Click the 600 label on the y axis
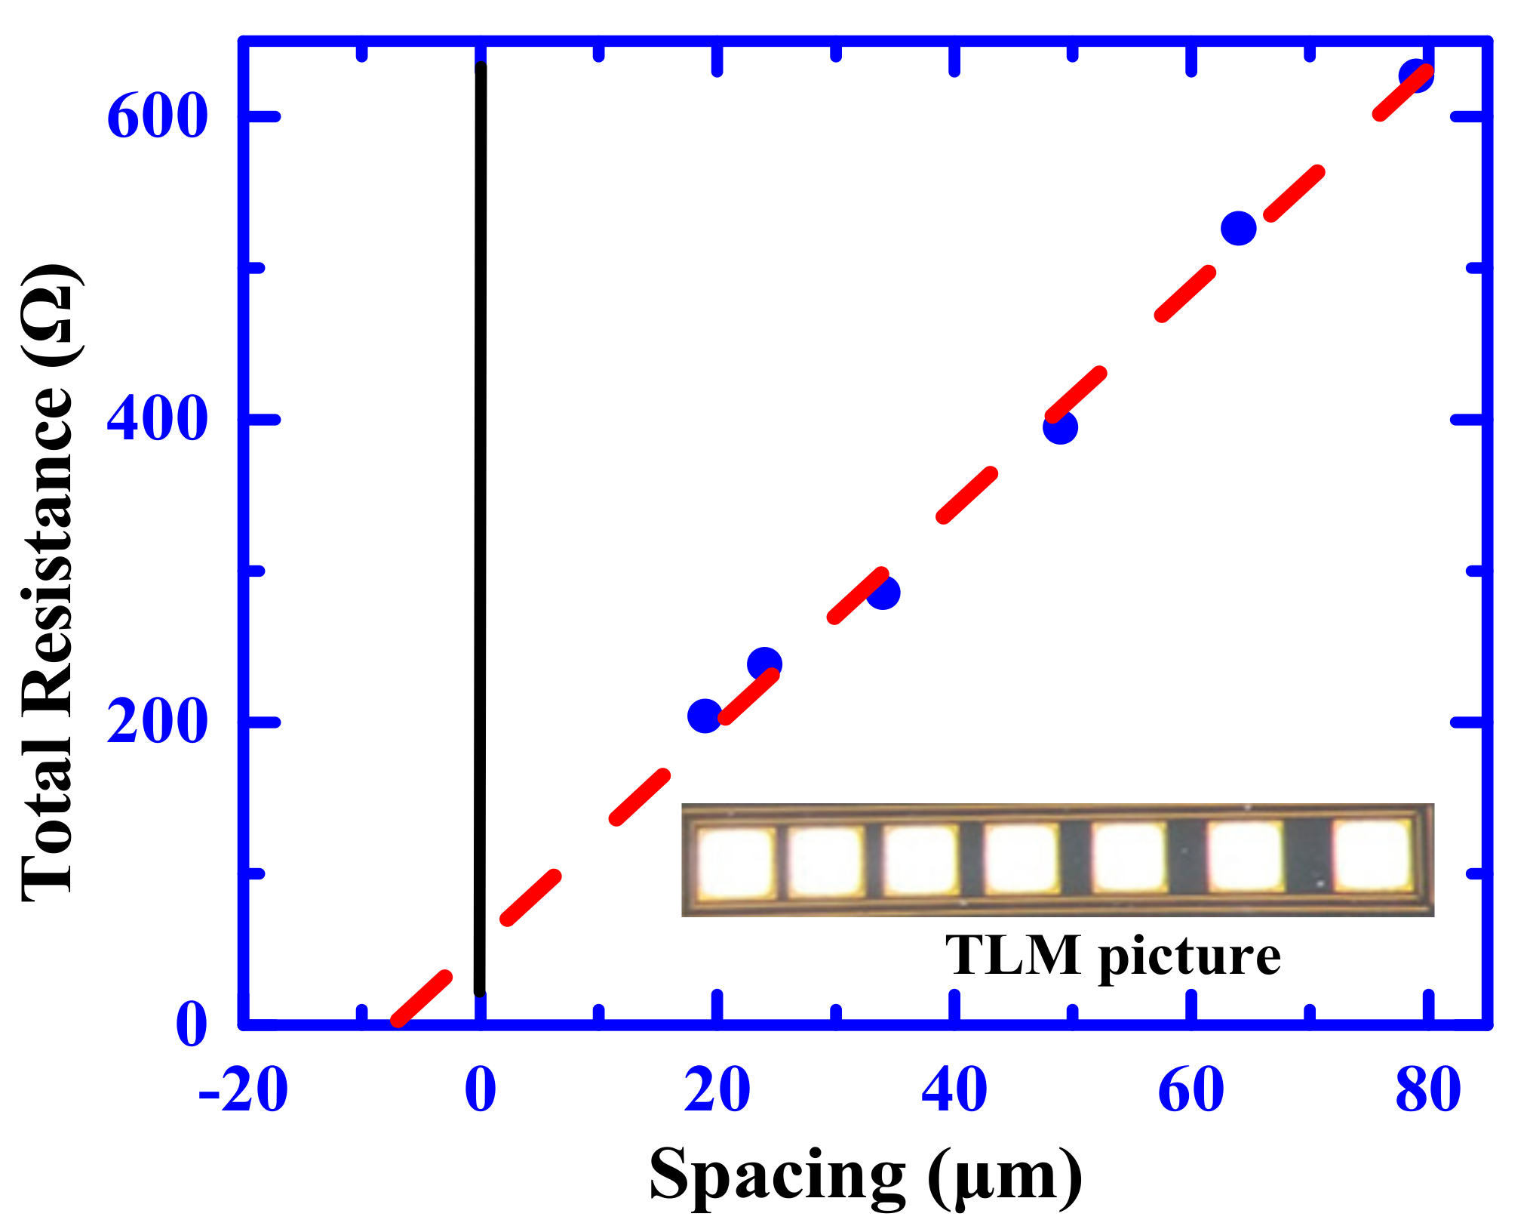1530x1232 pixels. pyautogui.click(x=157, y=117)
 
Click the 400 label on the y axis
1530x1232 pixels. pyautogui.click(x=157, y=420)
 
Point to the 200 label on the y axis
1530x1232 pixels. pyautogui.click(x=157, y=722)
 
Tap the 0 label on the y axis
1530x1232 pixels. pyautogui.click(x=191, y=1025)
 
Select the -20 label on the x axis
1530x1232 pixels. pyautogui.click(x=243, y=1091)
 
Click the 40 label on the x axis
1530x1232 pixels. pyautogui.click(x=954, y=1091)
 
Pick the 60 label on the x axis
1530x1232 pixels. pyautogui.click(x=1191, y=1091)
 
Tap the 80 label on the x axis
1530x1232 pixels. pyautogui.click(x=1428, y=1091)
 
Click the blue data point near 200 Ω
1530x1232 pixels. pyautogui.click(x=705, y=715)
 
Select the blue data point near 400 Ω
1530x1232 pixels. pyautogui.click(x=1060, y=428)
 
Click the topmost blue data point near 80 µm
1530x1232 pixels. pyautogui.click(x=1415, y=75)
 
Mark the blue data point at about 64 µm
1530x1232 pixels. pyautogui.click(x=1238, y=228)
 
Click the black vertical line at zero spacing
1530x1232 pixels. pyautogui.click(x=481, y=528)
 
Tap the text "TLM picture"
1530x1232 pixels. pyautogui.click(x=1113, y=956)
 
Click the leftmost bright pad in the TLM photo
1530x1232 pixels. pyautogui.click(x=736, y=861)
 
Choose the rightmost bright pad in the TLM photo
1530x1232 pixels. pyautogui.click(x=1372, y=855)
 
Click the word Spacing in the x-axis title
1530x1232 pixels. pyautogui.click(x=777, y=1176)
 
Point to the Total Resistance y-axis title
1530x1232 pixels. pyautogui.click(x=49, y=581)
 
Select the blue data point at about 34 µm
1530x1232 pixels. pyautogui.click(x=883, y=593)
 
